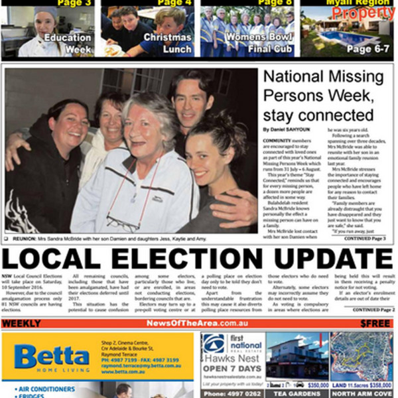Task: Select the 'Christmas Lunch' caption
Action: tap(167, 43)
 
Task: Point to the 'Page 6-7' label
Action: tap(368, 49)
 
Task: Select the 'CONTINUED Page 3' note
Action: tap(369, 237)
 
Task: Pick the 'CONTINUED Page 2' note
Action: tap(373, 310)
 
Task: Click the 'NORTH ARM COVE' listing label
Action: tap(362, 393)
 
